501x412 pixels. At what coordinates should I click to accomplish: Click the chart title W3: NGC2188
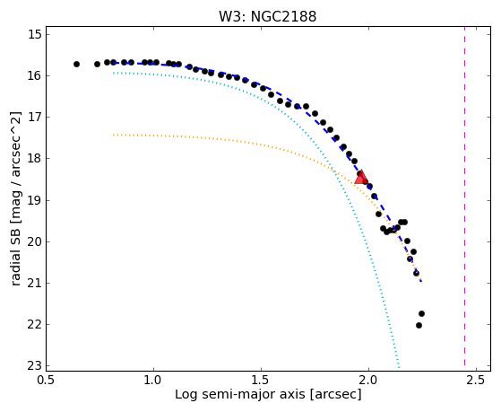267,16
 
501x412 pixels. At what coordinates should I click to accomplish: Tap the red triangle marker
361,178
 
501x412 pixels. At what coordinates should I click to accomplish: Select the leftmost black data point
76,64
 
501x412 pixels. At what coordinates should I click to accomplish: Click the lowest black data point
419,325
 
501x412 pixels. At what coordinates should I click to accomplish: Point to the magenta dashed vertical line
464,197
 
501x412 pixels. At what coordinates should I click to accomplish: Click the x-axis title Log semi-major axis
240,394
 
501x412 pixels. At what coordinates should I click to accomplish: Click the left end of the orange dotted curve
114,136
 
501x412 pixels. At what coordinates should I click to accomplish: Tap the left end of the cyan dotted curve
114,73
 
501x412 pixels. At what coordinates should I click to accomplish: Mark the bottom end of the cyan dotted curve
399,367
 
